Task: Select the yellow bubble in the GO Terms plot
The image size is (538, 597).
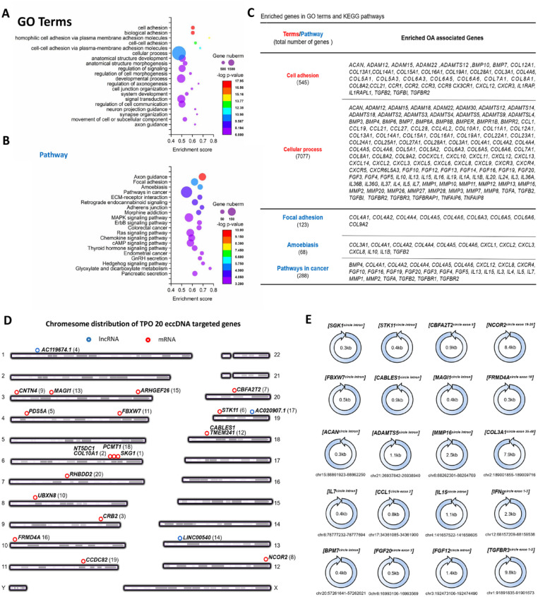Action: (210, 37)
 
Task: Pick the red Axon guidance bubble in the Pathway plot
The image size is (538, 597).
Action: (203, 137)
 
